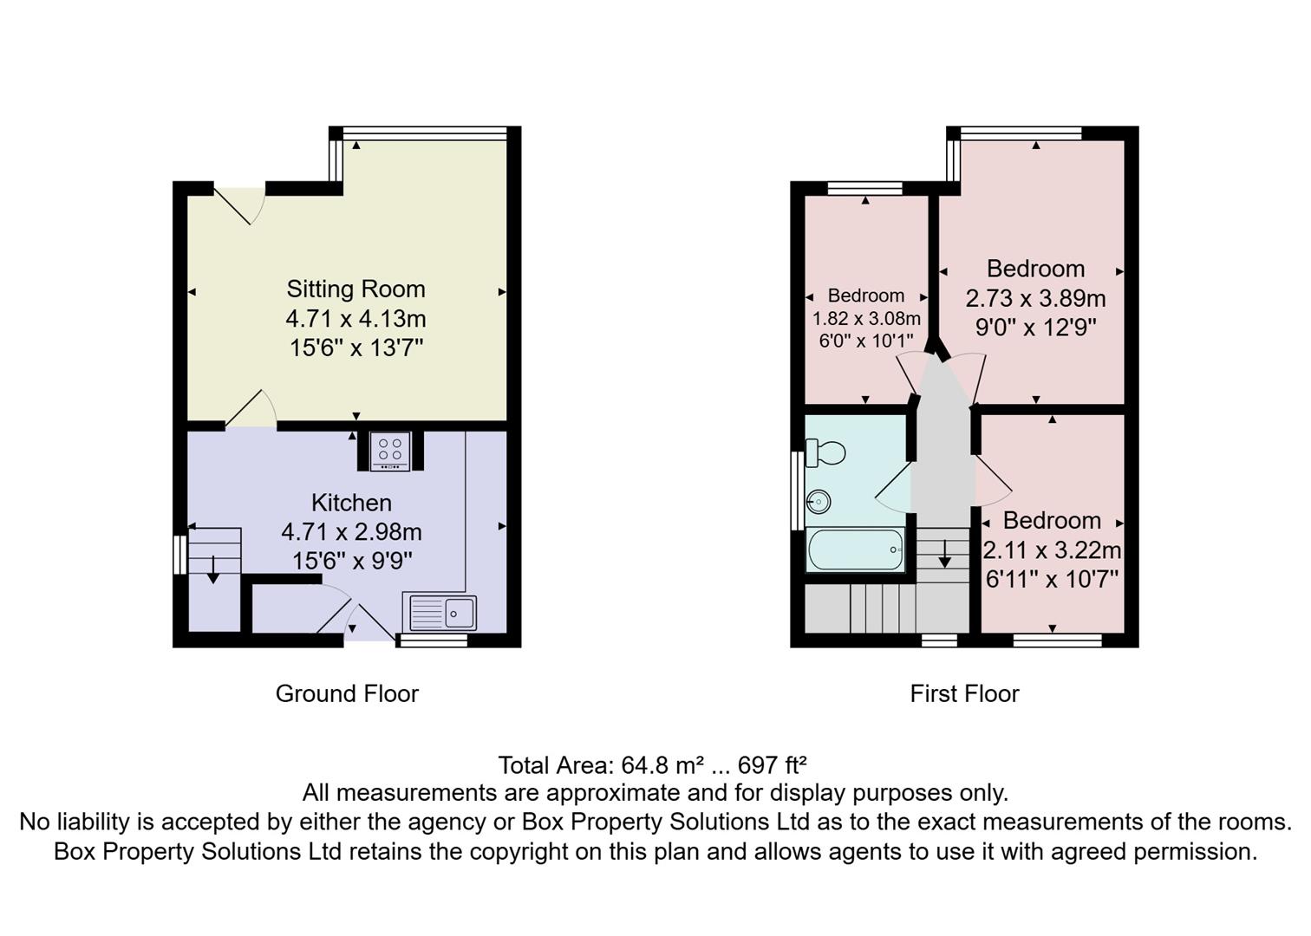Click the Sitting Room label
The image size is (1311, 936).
(x=355, y=289)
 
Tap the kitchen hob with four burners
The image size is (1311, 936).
(x=389, y=451)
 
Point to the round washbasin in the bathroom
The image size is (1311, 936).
(x=819, y=501)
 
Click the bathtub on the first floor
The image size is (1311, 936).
(x=855, y=549)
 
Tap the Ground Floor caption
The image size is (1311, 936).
(x=347, y=693)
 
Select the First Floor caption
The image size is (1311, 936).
(x=964, y=693)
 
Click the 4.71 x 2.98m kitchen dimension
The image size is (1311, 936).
(x=351, y=531)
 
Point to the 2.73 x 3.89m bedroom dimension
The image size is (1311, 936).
(x=1035, y=298)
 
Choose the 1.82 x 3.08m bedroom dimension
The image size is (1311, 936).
(x=866, y=318)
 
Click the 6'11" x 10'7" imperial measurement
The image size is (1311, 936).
(x=1052, y=579)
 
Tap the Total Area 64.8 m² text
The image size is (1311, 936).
(x=652, y=765)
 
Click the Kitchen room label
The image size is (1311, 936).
(x=351, y=503)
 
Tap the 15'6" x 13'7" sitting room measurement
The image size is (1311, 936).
(x=355, y=348)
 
